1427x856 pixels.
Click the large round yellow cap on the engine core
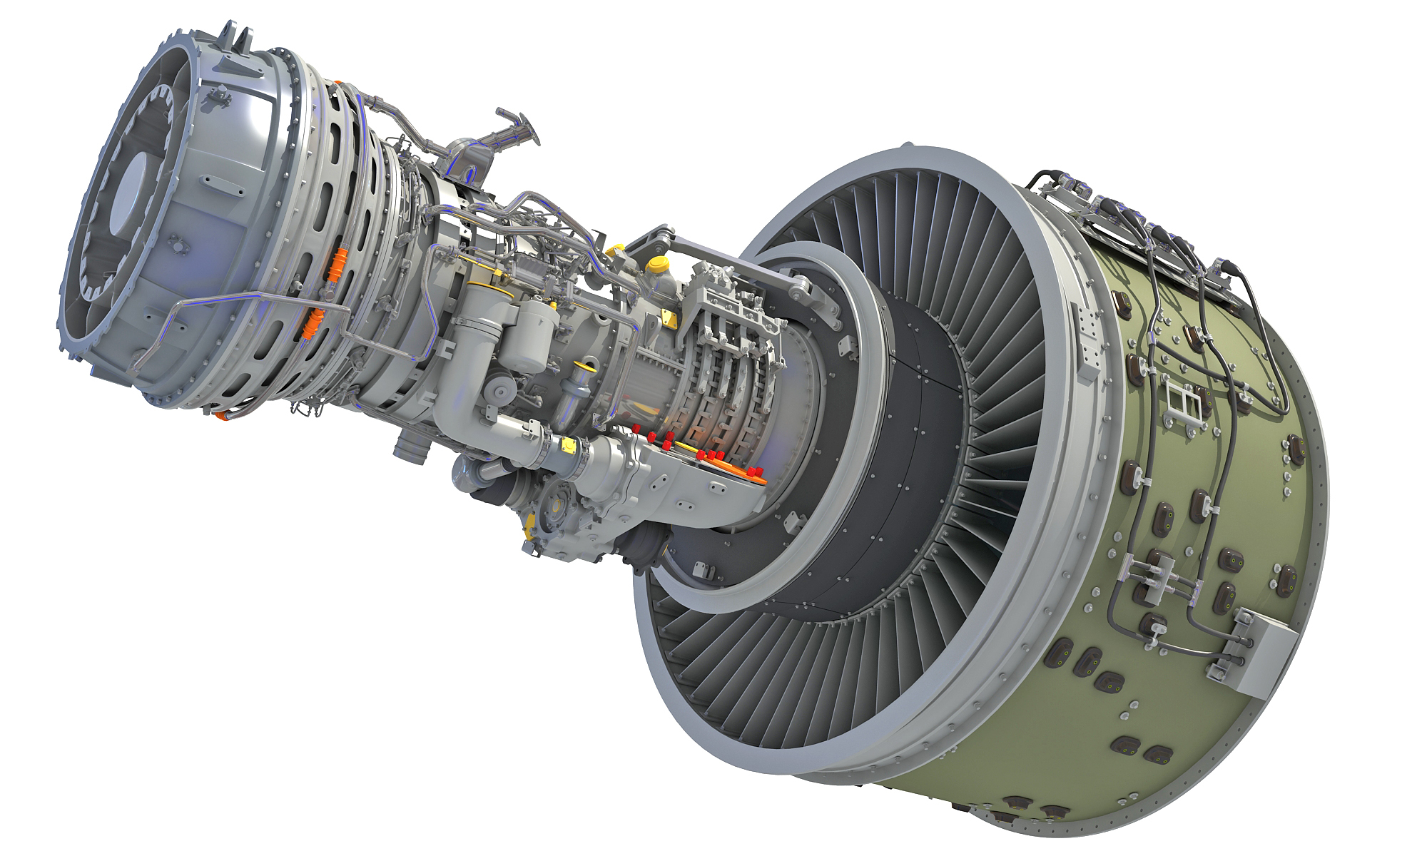tap(658, 265)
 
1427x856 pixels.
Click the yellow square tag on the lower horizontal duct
tap(569, 445)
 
